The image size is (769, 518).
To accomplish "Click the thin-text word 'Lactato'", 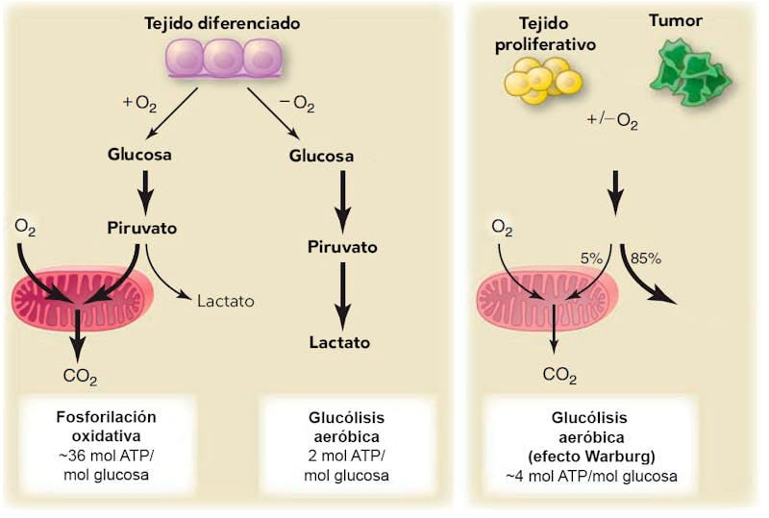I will tap(225, 301).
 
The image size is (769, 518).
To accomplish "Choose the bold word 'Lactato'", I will tap(340, 341).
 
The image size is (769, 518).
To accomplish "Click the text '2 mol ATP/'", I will tap(343, 456).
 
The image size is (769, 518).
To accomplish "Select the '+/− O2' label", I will tap(613, 120).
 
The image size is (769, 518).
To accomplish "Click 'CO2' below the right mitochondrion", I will tap(560, 373).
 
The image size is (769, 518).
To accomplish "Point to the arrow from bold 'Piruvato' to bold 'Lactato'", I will tap(340, 292).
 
